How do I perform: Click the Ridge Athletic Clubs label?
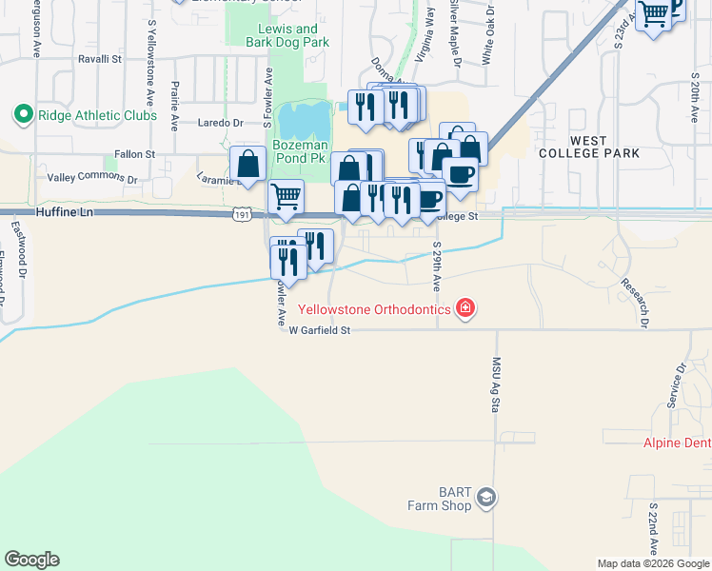point(96,115)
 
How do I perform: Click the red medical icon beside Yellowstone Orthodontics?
point(465,307)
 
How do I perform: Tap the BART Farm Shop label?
point(441,499)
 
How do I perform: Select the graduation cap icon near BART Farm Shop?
point(486,499)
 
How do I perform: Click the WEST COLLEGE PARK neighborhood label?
point(588,147)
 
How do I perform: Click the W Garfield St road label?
point(321,330)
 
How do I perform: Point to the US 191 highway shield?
point(242,218)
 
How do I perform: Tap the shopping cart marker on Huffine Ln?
point(286,197)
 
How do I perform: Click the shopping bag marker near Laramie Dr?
point(248,164)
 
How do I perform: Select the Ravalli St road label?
point(102,59)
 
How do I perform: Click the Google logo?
point(31,560)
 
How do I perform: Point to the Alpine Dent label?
point(677,443)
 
